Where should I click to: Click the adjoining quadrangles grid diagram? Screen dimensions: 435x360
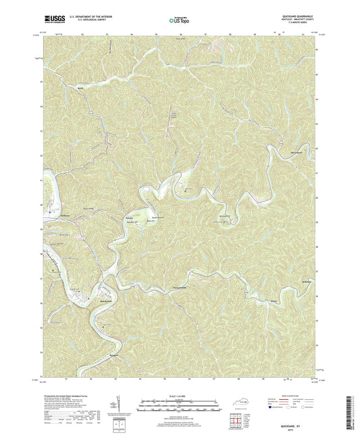click(x=234, y=423)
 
